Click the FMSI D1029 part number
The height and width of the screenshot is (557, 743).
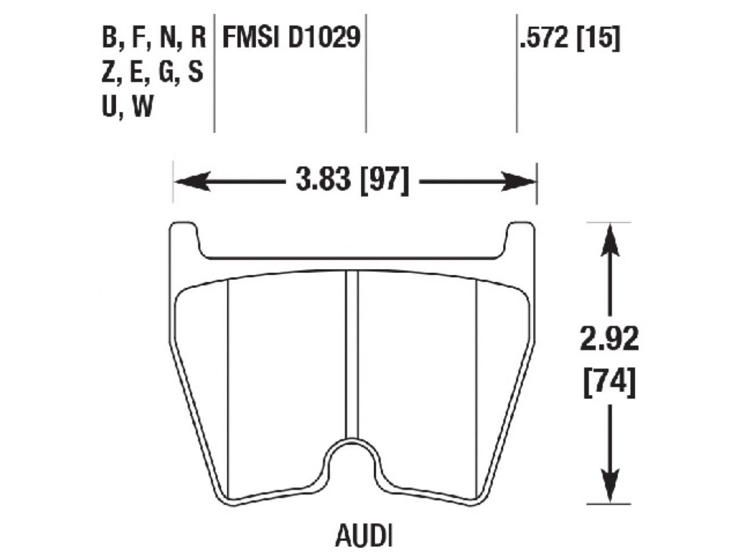coord(292,39)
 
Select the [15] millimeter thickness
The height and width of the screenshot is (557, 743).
coord(598,39)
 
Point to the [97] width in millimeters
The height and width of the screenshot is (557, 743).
coord(385,181)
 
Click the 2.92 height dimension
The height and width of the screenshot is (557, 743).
coord(609,339)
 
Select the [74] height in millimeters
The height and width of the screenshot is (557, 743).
coord(609,383)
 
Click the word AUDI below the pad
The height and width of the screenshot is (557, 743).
coord(364,536)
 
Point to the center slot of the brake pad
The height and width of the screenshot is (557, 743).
coord(352,354)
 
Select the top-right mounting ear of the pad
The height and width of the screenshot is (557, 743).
coord(520,238)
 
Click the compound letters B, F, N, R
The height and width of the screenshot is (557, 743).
coord(154,39)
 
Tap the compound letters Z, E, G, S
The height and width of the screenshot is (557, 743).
coord(153,73)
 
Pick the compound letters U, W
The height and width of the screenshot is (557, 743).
coord(128,107)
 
